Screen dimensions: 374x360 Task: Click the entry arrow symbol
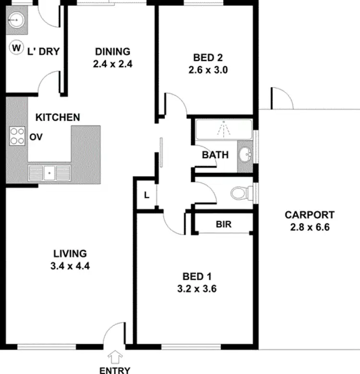point(115,357)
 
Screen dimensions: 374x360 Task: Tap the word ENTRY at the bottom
point(115,370)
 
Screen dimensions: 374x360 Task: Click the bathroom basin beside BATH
point(246,155)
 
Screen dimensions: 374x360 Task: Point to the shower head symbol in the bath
point(223,129)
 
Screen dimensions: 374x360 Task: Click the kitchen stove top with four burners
point(17,135)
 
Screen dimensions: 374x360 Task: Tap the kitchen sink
point(48,171)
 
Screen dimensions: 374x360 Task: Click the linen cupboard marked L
point(147,195)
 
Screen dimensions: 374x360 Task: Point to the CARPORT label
point(309,215)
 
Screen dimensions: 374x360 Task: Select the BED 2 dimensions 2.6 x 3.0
point(207,69)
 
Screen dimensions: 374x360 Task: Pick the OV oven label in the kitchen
point(36,137)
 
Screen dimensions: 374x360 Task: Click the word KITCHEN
point(58,117)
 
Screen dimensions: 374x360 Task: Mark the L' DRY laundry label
point(44,50)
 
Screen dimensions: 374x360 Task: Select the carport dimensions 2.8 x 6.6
point(309,227)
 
